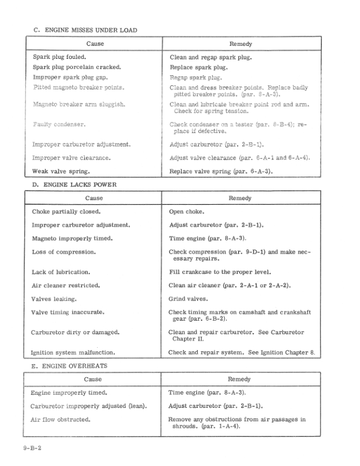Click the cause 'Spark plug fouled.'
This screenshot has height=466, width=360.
pos(59,57)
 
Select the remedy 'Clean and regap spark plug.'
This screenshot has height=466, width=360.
pos(211,58)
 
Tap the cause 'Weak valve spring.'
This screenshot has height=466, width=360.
pos(61,172)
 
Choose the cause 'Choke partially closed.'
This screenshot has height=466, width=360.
pos(66,211)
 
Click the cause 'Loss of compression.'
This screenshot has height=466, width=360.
pos(64,252)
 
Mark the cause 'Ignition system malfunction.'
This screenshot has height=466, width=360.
pos(72,353)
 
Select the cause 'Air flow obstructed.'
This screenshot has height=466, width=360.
pos(61,420)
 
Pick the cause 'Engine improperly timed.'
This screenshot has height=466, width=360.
pos(65,392)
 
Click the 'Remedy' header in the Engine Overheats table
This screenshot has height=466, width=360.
pos(239,380)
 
